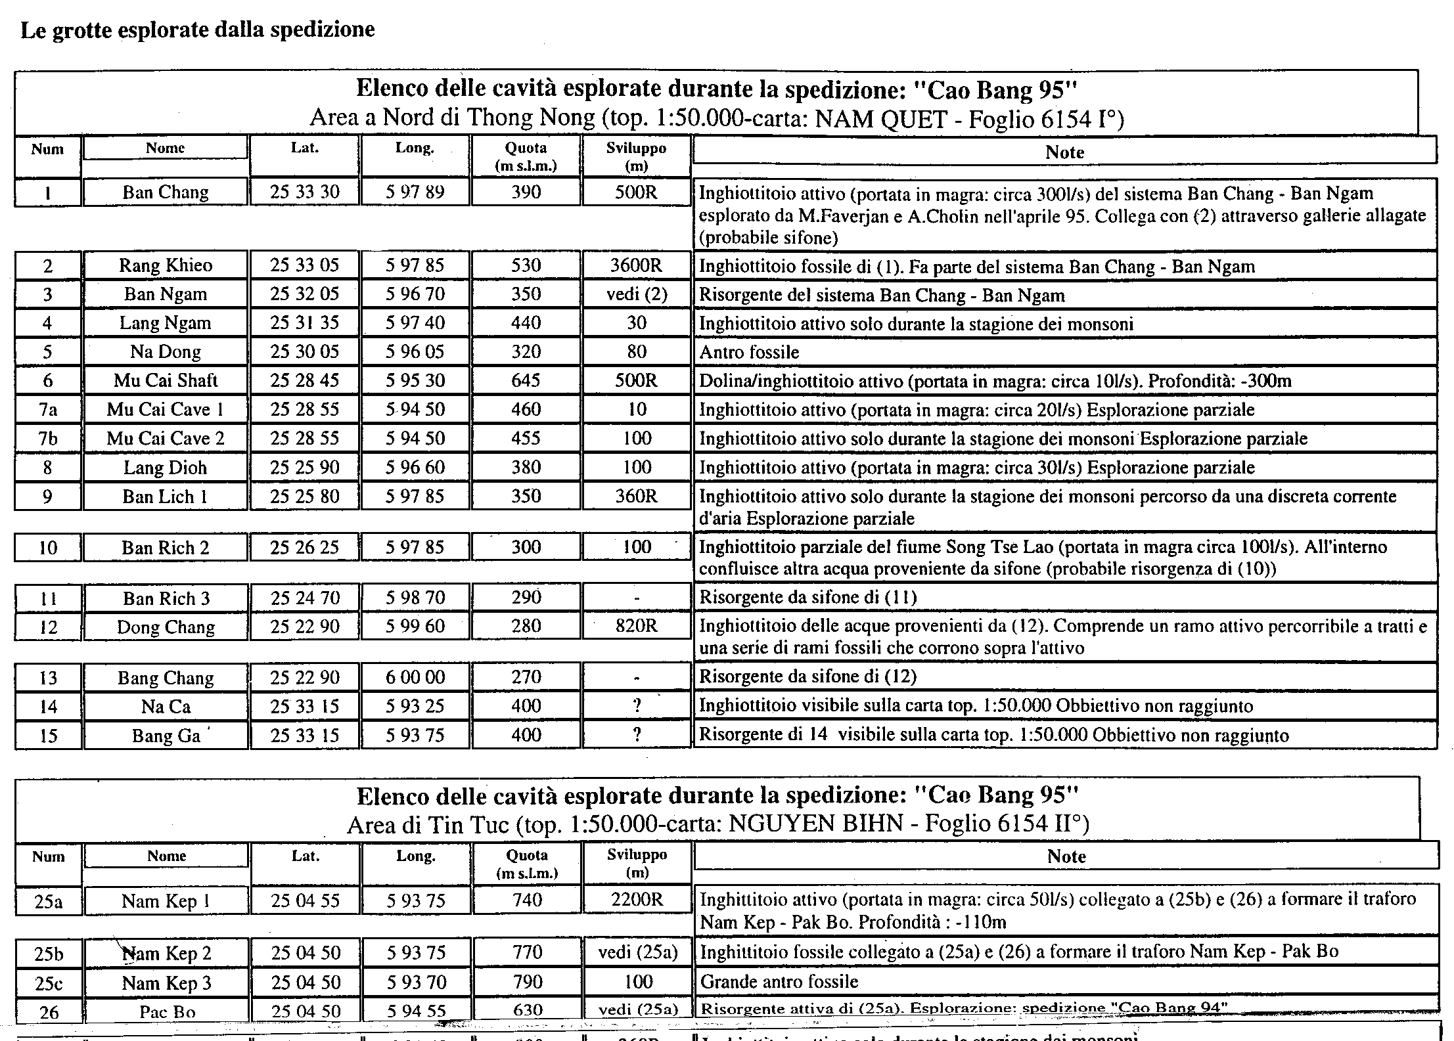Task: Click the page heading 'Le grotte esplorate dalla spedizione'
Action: coord(198,30)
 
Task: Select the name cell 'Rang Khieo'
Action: coord(166,265)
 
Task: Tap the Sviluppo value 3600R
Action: coord(636,265)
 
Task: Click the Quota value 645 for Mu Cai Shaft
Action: coord(526,380)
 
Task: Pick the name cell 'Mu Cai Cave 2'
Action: coord(166,438)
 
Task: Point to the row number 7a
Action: coord(48,410)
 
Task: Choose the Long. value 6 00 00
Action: coord(415,677)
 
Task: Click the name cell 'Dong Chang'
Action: coord(166,627)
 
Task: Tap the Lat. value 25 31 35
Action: coord(304,323)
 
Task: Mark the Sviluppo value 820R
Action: coord(636,626)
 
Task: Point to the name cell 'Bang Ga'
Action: coord(166,736)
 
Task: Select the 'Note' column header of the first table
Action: coord(1064,152)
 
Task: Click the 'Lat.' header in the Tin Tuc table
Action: coord(305,856)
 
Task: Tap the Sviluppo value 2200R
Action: coord(637,900)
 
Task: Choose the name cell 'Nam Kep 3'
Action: coord(167,983)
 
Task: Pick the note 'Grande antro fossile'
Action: coord(779,982)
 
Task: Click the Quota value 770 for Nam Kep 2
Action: coord(527,952)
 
